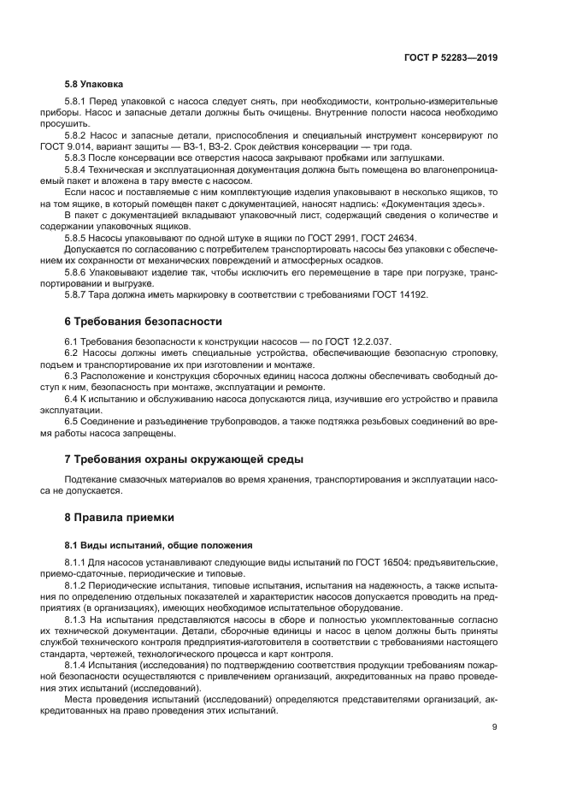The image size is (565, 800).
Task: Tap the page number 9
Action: [495, 728]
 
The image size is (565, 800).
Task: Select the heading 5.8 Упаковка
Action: [95, 84]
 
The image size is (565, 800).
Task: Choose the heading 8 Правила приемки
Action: [120, 517]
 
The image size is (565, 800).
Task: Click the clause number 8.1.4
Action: [77, 663]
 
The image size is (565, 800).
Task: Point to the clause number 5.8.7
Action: [77, 294]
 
